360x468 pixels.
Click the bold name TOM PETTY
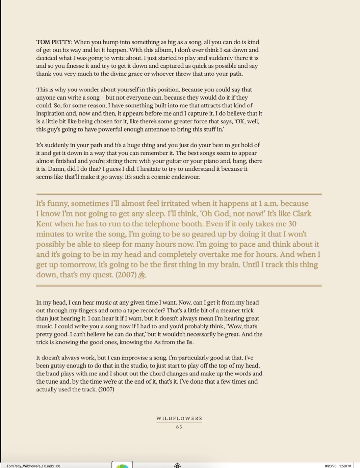(54, 42)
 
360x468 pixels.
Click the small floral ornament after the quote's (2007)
(142, 275)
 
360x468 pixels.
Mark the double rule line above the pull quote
(179, 194)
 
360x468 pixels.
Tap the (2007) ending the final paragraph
(106, 389)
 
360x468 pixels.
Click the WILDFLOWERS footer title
(179, 418)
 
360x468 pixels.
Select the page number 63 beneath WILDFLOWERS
(179, 427)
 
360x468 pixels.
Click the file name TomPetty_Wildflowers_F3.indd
(30, 466)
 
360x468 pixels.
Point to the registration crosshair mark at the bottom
(177, 466)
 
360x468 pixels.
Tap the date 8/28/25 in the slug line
(330, 466)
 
